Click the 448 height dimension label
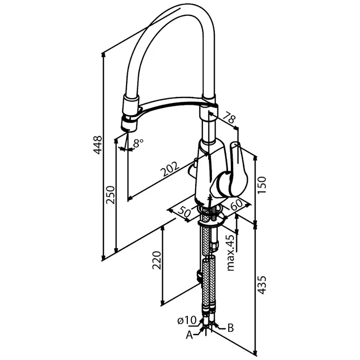(x=97, y=145)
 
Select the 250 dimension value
(x=110, y=195)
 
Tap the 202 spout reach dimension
(x=170, y=169)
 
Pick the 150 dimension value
(x=261, y=185)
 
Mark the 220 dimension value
(x=157, y=260)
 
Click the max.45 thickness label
(x=231, y=253)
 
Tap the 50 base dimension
(x=184, y=212)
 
